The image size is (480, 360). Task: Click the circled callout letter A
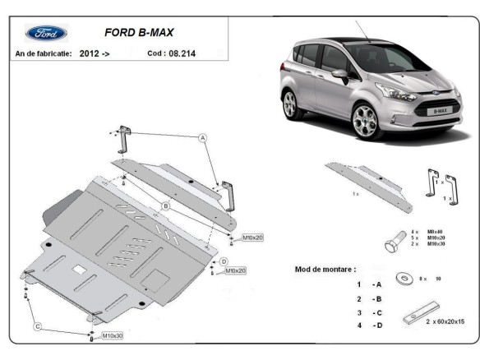pyautogui.click(x=201, y=139)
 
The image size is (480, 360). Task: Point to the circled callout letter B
pyautogui.click(x=165, y=205)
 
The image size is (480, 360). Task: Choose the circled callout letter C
pyautogui.click(x=37, y=326)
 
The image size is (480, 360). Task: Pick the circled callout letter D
pyautogui.click(x=224, y=261)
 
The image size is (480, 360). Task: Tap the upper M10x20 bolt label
pyautogui.click(x=252, y=238)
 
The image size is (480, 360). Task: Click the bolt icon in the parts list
pyautogui.click(x=392, y=243)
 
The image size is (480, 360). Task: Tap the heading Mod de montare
pyautogui.click(x=326, y=269)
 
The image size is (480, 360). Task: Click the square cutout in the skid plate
pyautogui.click(x=80, y=269)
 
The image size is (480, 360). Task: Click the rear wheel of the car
pyautogui.click(x=289, y=105)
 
